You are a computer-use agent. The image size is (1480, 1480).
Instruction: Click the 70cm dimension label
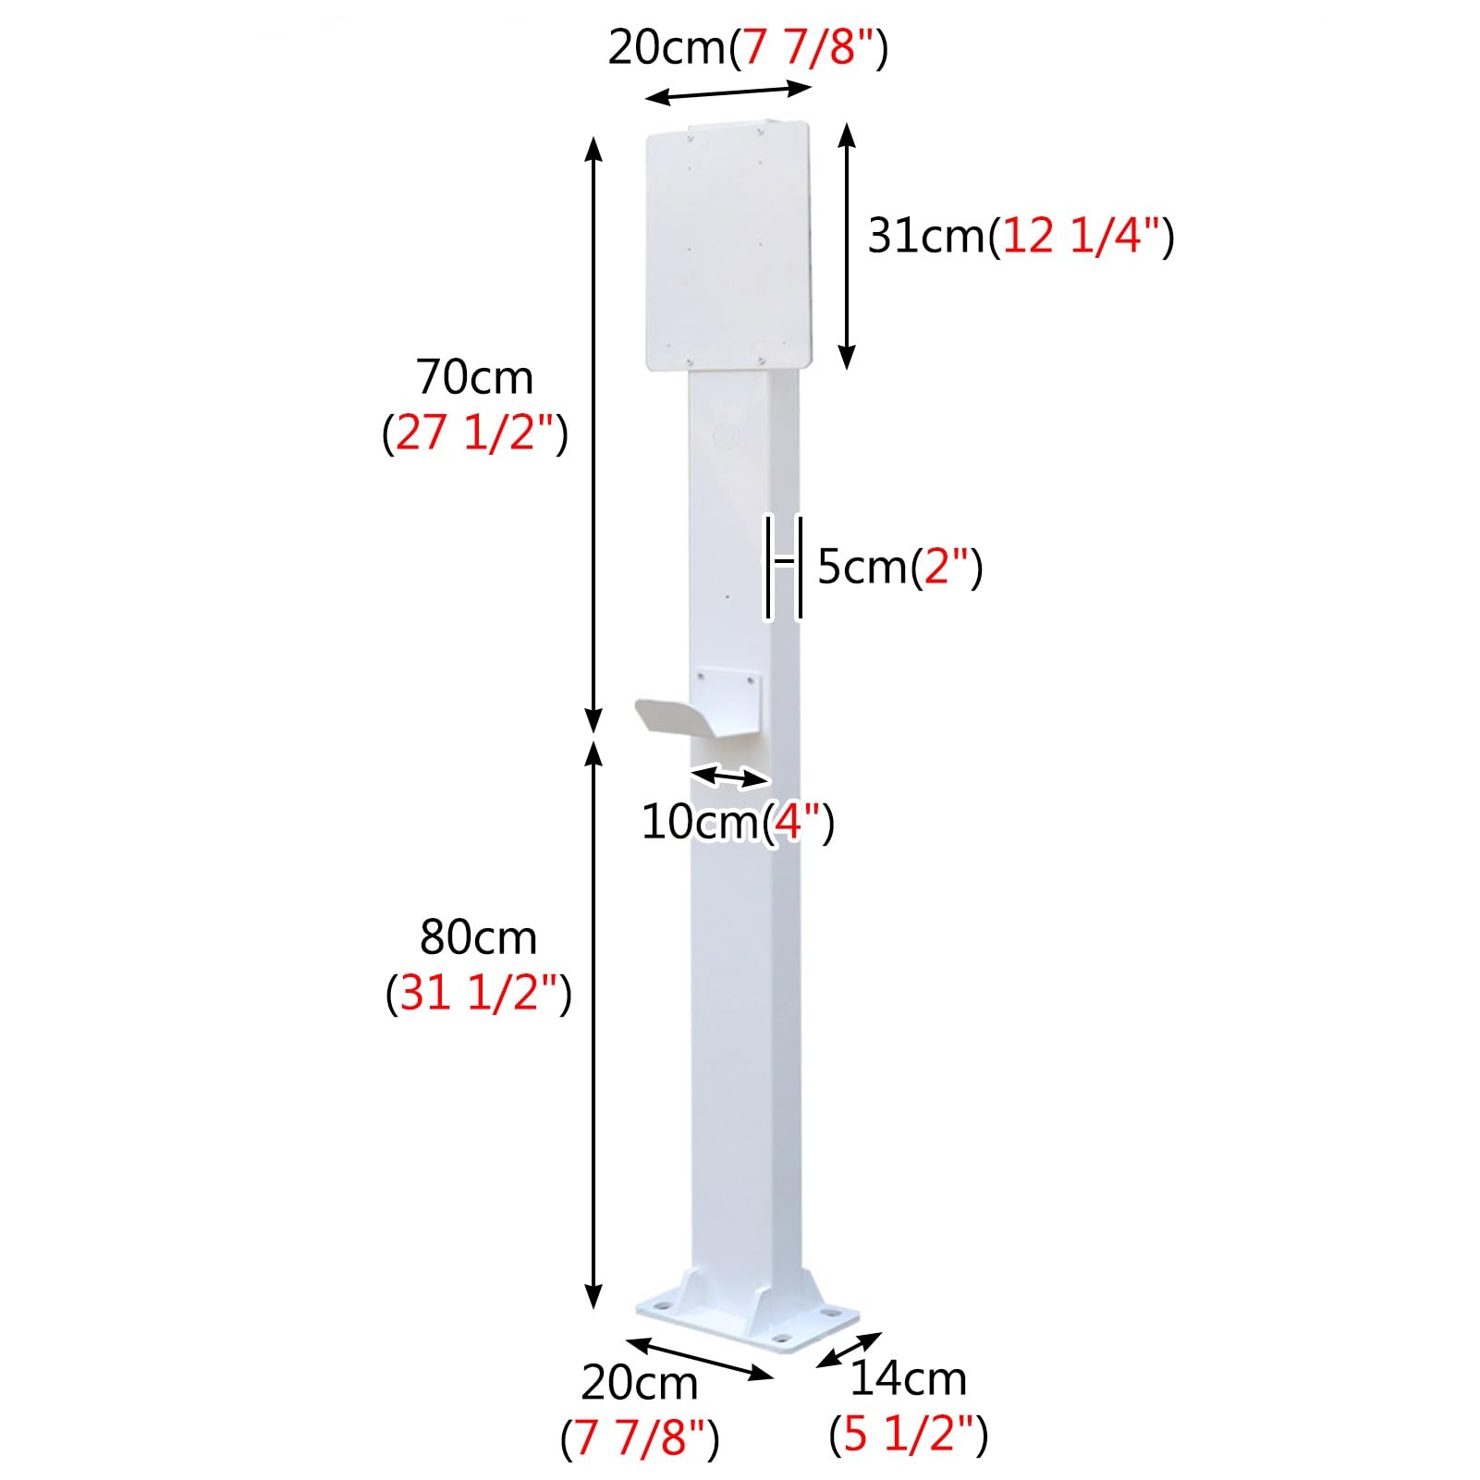[474, 377]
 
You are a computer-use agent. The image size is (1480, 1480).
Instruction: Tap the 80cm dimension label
[478, 937]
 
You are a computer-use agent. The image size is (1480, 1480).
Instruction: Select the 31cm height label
[926, 236]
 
